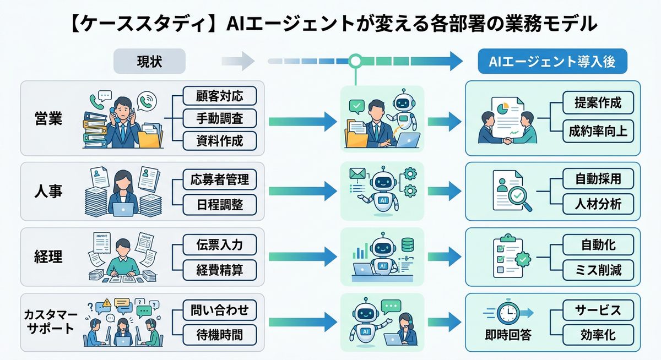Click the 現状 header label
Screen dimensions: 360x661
click(149, 62)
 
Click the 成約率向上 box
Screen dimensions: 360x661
click(598, 131)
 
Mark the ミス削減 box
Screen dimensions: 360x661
click(598, 269)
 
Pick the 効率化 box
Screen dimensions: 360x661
click(598, 334)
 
